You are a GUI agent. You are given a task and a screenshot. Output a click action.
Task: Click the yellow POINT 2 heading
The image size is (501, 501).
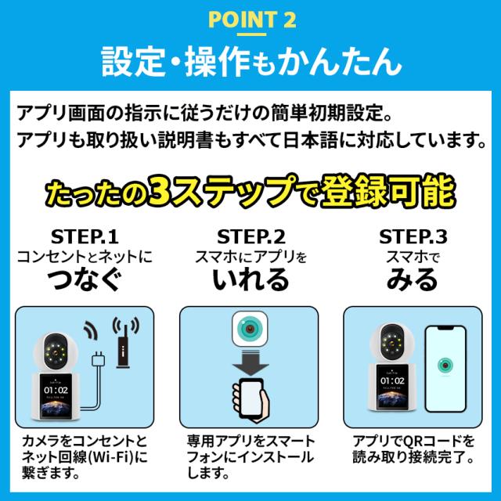[252, 19]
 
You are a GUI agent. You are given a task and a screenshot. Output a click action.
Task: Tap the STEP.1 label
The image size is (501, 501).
[85, 236]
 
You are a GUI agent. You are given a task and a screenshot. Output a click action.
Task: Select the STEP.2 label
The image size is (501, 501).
[250, 236]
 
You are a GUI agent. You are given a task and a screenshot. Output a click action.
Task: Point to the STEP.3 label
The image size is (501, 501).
[413, 236]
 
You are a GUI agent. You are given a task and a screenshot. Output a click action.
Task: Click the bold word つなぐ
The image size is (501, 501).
[85, 279]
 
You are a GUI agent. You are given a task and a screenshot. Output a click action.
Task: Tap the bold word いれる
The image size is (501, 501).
[250, 279]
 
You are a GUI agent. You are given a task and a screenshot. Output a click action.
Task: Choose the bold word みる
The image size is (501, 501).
[413, 279]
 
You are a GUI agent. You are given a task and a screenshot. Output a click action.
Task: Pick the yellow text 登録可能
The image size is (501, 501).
[387, 191]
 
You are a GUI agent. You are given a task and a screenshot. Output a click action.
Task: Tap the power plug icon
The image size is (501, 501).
[98, 359]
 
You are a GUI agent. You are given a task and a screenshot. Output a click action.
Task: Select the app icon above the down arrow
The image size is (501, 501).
[250, 329]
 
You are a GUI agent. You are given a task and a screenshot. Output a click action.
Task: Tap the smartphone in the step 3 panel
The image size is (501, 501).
[445, 369]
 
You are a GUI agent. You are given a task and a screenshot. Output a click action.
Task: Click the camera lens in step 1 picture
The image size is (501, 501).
[56, 351]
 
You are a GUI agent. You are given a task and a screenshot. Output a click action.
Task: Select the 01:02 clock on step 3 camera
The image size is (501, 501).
[392, 381]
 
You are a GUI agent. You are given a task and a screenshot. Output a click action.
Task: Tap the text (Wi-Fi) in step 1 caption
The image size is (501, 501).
[111, 457]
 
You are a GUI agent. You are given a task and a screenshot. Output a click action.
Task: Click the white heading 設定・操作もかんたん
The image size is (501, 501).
[251, 61]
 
